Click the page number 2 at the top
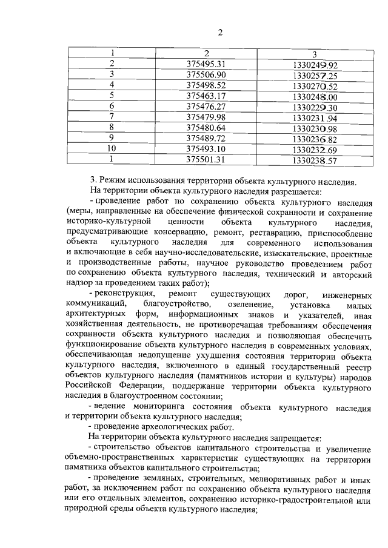click(221, 32)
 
